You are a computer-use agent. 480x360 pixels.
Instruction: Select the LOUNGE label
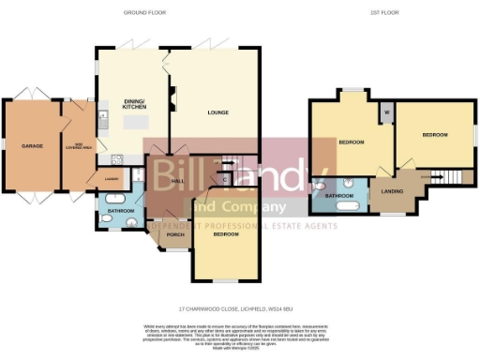(x=218, y=112)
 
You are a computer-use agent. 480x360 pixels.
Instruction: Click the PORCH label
(x=173, y=234)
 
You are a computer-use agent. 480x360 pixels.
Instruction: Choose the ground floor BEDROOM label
(x=226, y=235)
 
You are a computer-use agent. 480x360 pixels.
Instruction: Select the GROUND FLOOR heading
(x=140, y=12)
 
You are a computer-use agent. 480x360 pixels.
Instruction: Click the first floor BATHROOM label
(x=337, y=196)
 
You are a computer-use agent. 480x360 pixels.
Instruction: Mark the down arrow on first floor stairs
(x=434, y=175)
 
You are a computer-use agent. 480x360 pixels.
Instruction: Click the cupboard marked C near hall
(x=225, y=177)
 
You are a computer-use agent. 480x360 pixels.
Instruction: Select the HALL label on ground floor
(x=175, y=180)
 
